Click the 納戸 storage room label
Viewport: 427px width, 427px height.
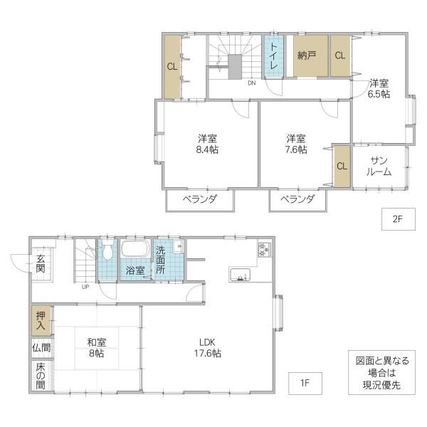tap(306, 56)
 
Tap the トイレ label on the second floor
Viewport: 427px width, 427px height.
tap(273, 56)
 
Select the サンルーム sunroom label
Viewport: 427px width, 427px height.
tap(379, 167)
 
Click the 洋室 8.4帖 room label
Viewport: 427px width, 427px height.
tap(207, 144)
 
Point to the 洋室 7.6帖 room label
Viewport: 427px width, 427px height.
tap(296, 144)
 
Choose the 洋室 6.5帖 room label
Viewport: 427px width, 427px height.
tap(379, 88)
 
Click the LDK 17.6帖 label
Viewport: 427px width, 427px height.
tap(208, 347)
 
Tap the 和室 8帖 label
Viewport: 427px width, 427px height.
tap(96, 348)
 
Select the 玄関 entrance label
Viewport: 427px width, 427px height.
tap(41, 263)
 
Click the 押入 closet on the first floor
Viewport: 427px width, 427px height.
tap(41, 320)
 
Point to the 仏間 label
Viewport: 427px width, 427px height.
tap(41, 348)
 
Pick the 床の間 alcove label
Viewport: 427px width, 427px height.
tap(41, 376)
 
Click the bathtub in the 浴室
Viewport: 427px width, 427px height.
tap(135, 248)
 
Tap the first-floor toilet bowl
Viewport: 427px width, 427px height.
tap(108, 250)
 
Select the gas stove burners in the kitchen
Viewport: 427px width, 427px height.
tap(264, 249)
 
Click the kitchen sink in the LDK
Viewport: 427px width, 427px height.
tap(240, 275)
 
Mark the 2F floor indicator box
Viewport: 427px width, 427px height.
tap(398, 219)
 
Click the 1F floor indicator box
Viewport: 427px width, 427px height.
tap(305, 383)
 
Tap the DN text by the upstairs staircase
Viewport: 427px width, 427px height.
tap(252, 83)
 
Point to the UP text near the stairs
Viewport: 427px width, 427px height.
tap(85, 287)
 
